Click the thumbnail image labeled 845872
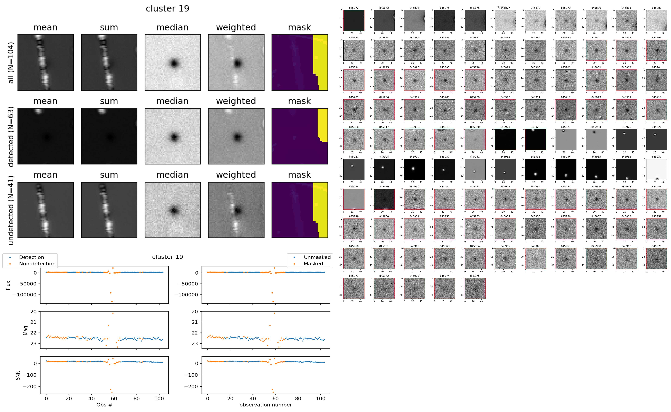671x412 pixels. (x=354, y=20)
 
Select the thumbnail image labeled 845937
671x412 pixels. (x=657, y=169)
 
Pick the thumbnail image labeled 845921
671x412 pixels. (x=505, y=140)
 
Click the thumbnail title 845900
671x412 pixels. (x=535, y=67)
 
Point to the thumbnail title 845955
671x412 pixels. (x=535, y=216)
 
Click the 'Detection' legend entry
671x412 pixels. (x=31, y=257)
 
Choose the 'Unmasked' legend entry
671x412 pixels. (x=317, y=257)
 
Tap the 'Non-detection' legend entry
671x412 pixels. (x=37, y=263)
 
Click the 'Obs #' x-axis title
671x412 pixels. (x=104, y=405)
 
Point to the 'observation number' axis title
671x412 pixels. (x=266, y=405)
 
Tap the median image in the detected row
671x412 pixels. (x=173, y=136)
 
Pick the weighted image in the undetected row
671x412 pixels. (x=236, y=210)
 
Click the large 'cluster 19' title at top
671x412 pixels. (x=167, y=8)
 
